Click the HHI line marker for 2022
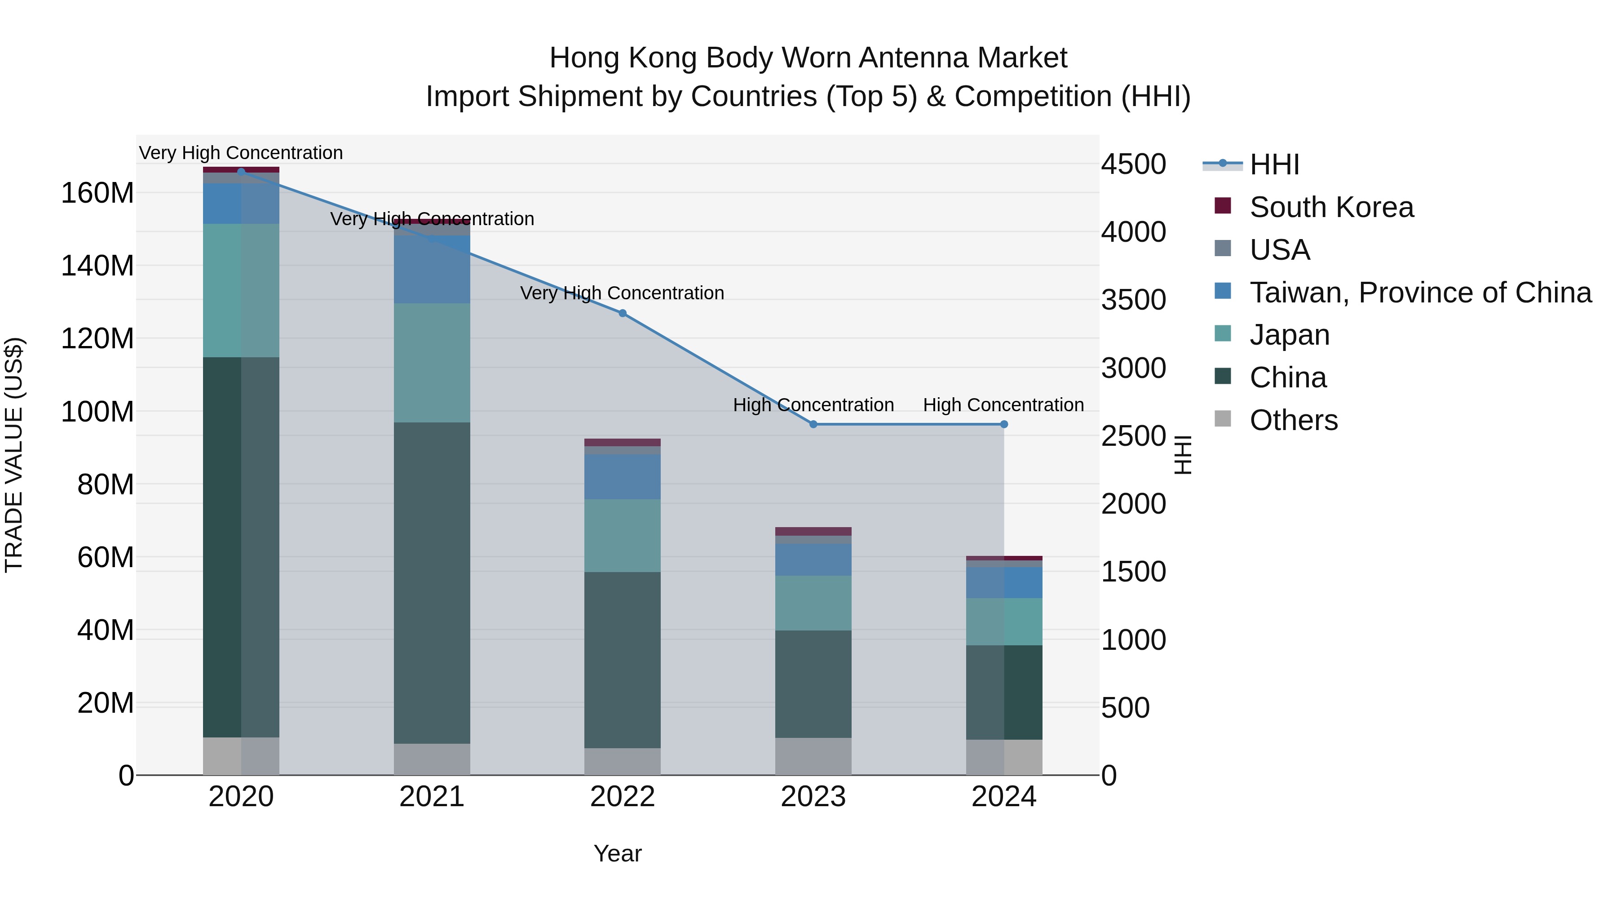[622, 313]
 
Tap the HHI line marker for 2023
[813, 424]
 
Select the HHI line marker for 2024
[1004, 424]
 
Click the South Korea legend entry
[1331, 207]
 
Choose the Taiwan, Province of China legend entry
[1420, 292]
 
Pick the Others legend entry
[1293, 420]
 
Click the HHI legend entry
[1274, 164]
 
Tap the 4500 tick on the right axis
[1133, 164]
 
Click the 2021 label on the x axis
[432, 797]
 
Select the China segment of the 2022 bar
[622, 659]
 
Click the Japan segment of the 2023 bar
[813, 603]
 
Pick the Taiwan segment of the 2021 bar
[432, 270]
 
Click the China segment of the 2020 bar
[241, 546]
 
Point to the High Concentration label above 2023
[813, 404]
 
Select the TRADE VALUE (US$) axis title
[14, 455]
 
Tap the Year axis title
[618, 853]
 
